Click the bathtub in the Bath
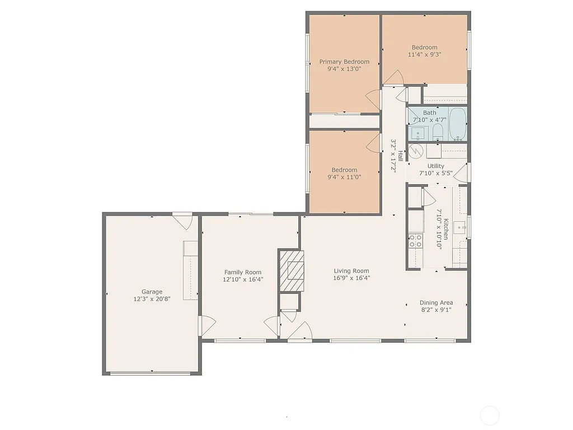point(457,124)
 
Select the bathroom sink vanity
point(417,133)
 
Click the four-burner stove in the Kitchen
point(415,241)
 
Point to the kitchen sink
point(460,227)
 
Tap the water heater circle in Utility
point(416,151)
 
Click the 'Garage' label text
point(152,292)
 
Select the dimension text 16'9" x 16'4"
point(351,278)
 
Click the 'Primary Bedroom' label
point(344,62)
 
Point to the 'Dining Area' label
point(436,303)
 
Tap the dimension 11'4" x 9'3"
point(424,55)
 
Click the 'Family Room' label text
point(242,273)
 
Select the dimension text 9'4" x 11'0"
point(344,177)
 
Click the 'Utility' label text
point(435,166)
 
